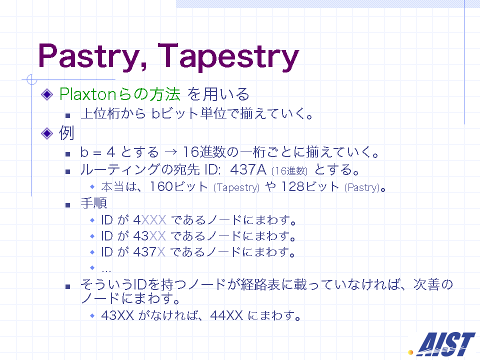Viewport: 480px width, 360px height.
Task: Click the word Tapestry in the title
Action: pyautogui.click(x=228, y=56)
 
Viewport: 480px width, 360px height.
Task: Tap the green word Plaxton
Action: pyautogui.click(x=88, y=94)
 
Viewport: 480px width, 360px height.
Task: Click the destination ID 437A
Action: pyautogui.click(x=248, y=169)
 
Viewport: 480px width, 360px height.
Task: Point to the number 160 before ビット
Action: pyautogui.click(x=161, y=186)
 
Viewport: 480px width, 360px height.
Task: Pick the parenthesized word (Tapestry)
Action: pyautogui.click(x=236, y=187)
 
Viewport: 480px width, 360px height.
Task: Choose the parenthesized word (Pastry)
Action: pyautogui.click(x=362, y=187)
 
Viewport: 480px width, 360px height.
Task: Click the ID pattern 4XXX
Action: pyautogui.click(x=149, y=220)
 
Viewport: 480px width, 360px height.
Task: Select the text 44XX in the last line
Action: pyautogui.click(x=226, y=315)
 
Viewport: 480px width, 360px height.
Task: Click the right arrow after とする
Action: pyautogui.click(x=170, y=152)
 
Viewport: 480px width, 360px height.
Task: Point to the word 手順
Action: pyautogui.click(x=94, y=203)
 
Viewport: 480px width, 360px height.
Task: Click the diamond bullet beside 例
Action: pyautogui.click(x=47, y=133)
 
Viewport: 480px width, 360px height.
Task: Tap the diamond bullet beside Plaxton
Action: pyautogui.click(x=47, y=94)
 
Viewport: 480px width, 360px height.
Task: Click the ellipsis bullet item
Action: pyautogui.click(x=106, y=270)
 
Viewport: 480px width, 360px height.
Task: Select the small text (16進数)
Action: pyautogui.click(x=289, y=171)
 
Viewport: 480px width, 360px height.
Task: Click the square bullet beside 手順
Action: pyautogui.click(x=68, y=205)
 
